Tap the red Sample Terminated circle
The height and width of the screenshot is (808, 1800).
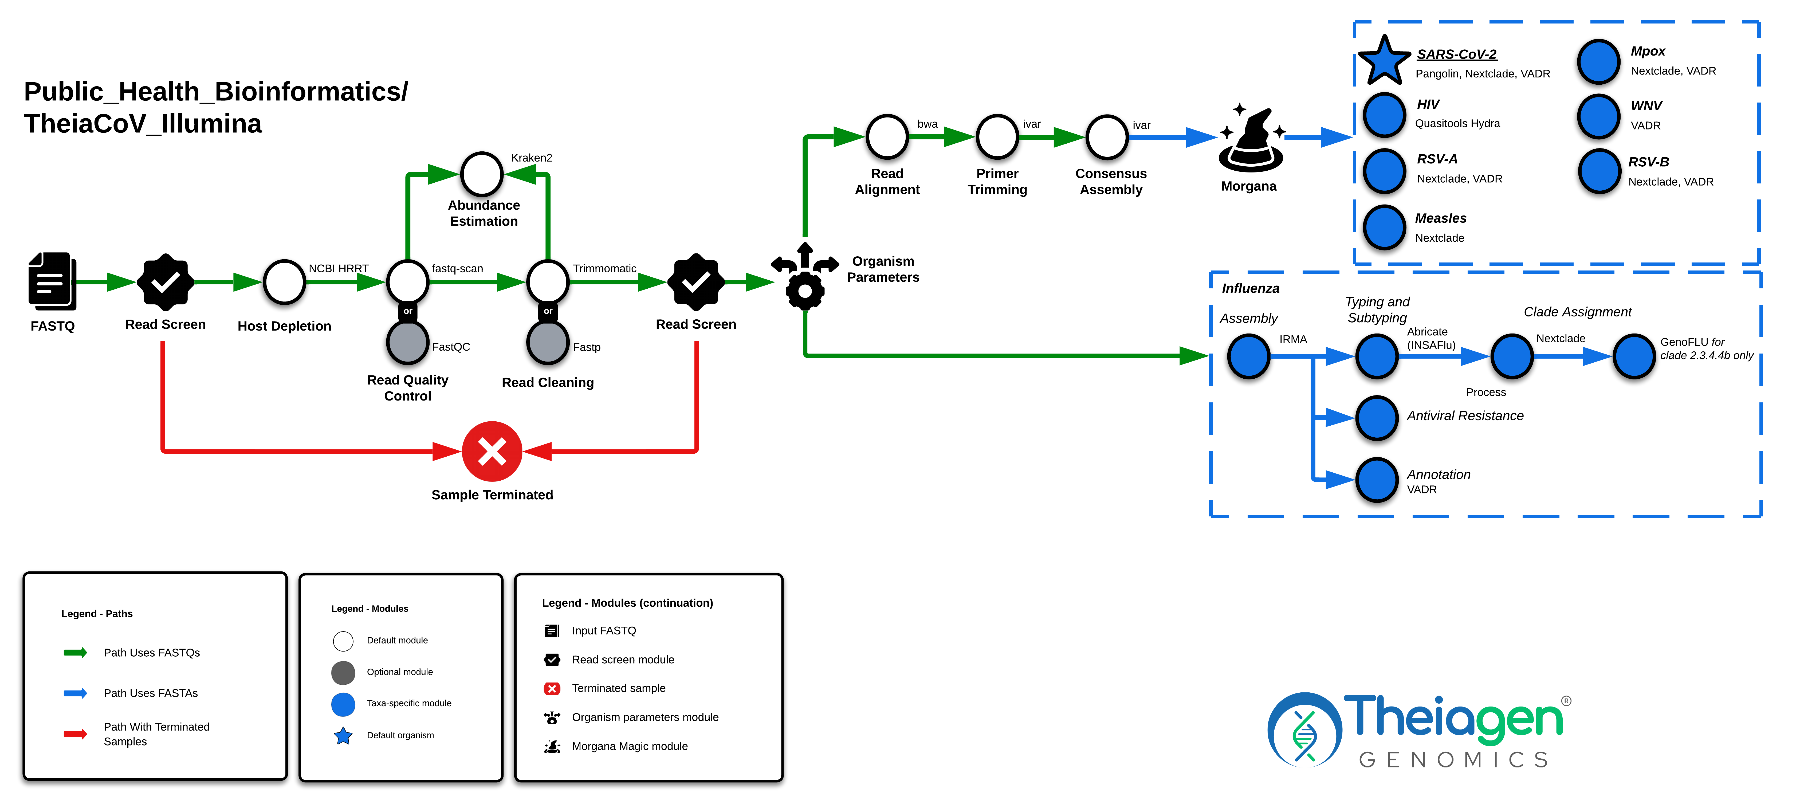click(x=492, y=452)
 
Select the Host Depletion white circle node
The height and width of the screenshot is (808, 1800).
click(x=284, y=283)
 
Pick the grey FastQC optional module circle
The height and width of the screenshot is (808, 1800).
click(x=407, y=343)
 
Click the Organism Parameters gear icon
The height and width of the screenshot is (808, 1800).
click(x=805, y=277)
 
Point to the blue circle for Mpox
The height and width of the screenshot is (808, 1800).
click(x=1598, y=61)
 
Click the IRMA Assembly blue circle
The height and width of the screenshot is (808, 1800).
click(x=1249, y=356)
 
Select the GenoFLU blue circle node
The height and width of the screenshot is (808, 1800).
click(x=1634, y=356)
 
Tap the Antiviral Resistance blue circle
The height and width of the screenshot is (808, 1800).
click(x=1377, y=418)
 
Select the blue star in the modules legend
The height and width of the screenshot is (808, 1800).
click(x=343, y=736)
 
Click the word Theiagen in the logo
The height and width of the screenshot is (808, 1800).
click(x=1453, y=719)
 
